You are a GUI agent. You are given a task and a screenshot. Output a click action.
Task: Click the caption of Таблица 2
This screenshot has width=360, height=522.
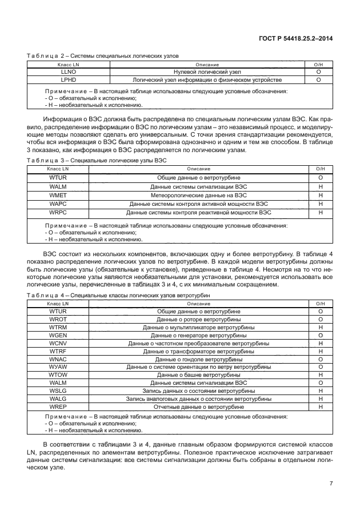point(103,56)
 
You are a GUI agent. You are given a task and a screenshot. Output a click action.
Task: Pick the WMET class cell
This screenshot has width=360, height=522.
point(58,195)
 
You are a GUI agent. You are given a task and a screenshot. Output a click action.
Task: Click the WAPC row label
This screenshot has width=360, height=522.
point(58,204)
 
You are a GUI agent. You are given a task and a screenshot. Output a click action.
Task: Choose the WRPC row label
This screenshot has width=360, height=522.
point(58,212)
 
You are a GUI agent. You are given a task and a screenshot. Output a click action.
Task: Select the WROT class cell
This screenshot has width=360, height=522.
point(58,319)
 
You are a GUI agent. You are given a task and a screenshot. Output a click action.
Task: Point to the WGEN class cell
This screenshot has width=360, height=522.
point(58,335)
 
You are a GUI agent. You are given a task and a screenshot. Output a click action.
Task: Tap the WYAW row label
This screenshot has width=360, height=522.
point(58,366)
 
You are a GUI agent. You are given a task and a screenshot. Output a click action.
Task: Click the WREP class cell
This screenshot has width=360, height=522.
point(58,407)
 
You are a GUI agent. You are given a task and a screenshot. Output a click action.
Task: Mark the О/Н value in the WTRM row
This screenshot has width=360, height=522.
point(320,327)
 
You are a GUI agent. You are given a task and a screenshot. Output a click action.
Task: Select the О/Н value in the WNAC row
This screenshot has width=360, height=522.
point(320,359)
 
